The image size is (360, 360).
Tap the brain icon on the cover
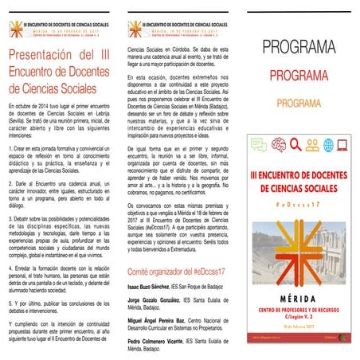(x=278, y=145)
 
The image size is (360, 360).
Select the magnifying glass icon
(x=295, y=145)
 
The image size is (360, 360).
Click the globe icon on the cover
(x=328, y=145)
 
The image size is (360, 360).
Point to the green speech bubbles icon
(x=259, y=145)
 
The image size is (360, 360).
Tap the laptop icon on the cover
(x=343, y=145)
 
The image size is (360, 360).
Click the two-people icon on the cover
(x=311, y=145)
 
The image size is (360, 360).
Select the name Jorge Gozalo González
(x=162, y=304)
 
